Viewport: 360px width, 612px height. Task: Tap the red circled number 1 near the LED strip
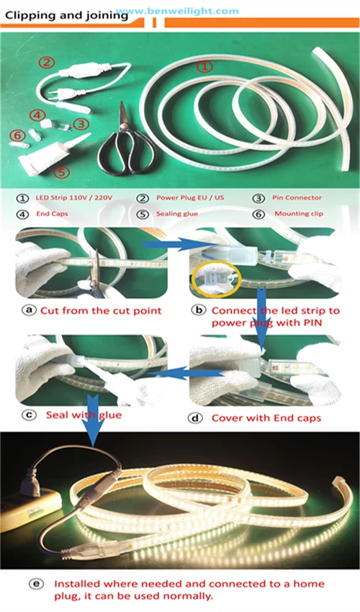pyautogui.click(x=204, y=66)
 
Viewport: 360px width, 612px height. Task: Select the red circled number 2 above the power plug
pyautogui.click(x=47, y=62)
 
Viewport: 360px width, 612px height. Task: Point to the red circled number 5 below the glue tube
pyautogui.click(x=62, y=172)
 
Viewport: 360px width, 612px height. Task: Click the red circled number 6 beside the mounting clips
pyautogui.click(x=17, y=135)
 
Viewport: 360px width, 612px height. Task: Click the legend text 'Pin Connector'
pyautogui.click(x=297, y=198)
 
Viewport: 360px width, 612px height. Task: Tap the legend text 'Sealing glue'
pyautogui.click(x=177, y=214)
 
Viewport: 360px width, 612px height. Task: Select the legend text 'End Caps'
pyautogui.click(x=52, y=214)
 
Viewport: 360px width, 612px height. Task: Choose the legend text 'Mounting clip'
pyautogui.click(x=299, y=214)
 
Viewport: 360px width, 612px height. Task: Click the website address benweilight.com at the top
pyautogui.click(x=178, y=11)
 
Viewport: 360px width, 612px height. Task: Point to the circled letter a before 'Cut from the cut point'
pyautogui.click(x=28, y=310)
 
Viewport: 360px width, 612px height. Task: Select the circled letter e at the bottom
pyautogui.click(x=36, y=584)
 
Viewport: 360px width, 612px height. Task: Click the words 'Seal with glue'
pyautogui.click(x=84, y=415)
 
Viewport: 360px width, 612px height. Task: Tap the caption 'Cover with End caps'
pyautogui.click(x=266, y=418)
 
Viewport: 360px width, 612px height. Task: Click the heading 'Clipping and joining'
pyautogui.click(x=67, y=16)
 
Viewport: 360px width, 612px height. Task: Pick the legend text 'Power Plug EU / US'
pyautogui.click(x=190, y=197)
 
